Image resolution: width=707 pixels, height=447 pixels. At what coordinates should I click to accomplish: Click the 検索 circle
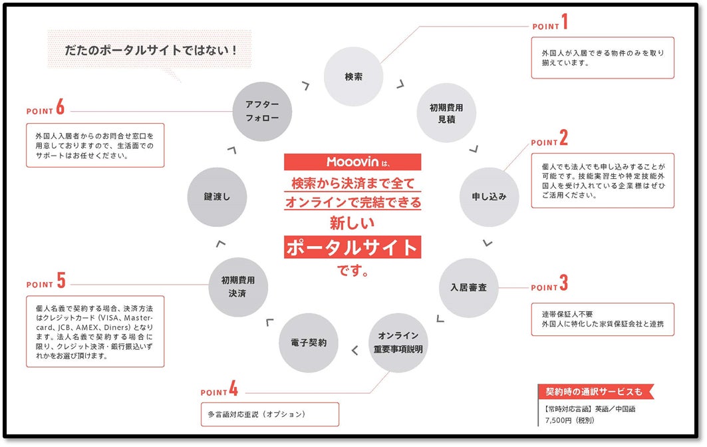354,76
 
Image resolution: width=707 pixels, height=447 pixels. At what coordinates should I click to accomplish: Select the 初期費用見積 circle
446,113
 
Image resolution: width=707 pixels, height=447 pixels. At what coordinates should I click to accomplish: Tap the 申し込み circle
490,197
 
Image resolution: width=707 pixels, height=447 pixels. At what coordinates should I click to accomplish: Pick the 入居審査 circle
468,287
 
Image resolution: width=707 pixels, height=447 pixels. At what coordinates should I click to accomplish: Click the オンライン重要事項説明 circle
398,343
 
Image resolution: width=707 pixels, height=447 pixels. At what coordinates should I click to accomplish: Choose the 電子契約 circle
308,343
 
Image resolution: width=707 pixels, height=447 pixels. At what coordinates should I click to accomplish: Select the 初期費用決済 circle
237,287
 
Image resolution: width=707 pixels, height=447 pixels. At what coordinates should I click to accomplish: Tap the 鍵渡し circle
217,197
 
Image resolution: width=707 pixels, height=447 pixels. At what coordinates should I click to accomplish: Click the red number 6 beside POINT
61,107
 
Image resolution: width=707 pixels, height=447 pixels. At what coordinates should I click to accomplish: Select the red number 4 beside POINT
233,389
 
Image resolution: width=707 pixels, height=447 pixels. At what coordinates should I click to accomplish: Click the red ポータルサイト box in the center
353,247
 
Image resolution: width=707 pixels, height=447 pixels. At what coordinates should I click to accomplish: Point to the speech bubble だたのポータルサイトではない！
150,50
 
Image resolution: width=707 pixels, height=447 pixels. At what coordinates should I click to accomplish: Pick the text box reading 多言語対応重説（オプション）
270,414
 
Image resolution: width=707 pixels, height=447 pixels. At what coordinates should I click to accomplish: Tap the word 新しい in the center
353,222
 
